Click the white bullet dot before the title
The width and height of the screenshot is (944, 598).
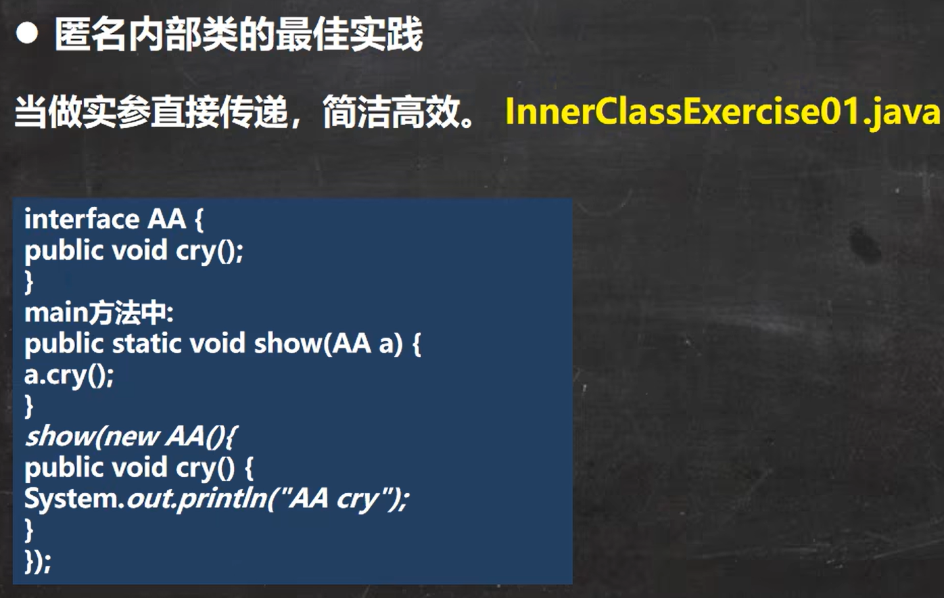click(x=27, y=33)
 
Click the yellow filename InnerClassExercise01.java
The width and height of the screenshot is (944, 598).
click(x=722, y=112)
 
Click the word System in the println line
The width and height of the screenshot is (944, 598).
click(x=71, y=499)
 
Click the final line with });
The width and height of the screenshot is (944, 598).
click(x=38, y=561)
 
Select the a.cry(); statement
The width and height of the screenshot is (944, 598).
click(x=69, y=375)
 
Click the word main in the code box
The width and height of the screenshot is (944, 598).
click(x=56, y=313)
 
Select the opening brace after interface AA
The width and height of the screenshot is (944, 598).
click(x=199, y=220)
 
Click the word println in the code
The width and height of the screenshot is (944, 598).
click(x=222, y=499)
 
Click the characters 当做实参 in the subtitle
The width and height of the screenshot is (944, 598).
click(x=82, y=112)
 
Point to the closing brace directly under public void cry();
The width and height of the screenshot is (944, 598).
click(x=28, y=281)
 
